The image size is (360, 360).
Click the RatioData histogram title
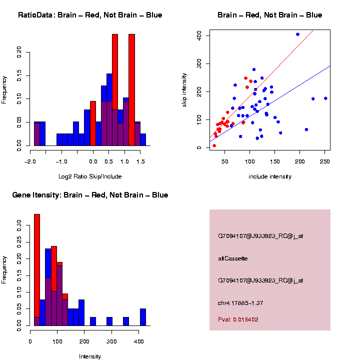pos(90,15)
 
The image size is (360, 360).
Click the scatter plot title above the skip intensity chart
pos(269,15)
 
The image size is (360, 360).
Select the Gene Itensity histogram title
pos(90,195)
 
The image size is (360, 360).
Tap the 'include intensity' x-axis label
pos(269,176)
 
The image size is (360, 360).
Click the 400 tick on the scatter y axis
pos(198,35)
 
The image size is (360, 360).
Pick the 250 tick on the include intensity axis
pos(324,161)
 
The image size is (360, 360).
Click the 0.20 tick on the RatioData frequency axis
pos(19,52)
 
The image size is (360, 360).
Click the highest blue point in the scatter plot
pos(297,34)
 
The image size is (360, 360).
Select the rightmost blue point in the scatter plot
pos(325,98)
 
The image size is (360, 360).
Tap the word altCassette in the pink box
pos(233,258)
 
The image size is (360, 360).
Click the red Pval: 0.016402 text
pos(238,319)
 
